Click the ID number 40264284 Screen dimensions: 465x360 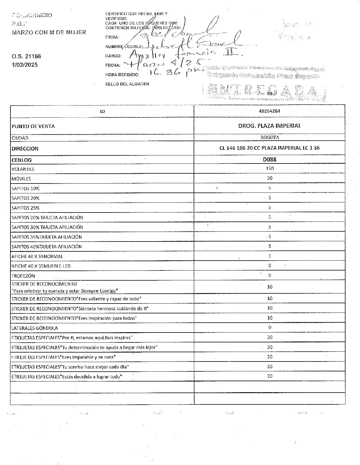270,111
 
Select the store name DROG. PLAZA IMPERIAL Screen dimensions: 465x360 270,126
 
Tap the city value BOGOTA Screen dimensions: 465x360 270,137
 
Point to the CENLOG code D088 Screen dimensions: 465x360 270,159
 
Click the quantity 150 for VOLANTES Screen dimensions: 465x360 270,168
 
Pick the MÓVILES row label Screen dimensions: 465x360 21,179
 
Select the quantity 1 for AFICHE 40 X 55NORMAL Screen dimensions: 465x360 270,256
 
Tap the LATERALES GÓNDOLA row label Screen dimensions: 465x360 34,328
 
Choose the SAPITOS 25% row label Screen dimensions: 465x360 26,208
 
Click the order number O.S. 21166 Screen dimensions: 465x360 26,56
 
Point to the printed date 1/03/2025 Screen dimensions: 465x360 25,65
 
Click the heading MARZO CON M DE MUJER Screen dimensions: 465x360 49,32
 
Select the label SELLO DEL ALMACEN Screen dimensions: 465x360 127,84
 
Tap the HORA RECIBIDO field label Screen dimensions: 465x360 122,75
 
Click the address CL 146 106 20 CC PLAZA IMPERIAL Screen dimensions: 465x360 270,148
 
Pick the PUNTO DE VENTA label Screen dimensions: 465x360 33,126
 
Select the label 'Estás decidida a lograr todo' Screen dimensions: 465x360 66,377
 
